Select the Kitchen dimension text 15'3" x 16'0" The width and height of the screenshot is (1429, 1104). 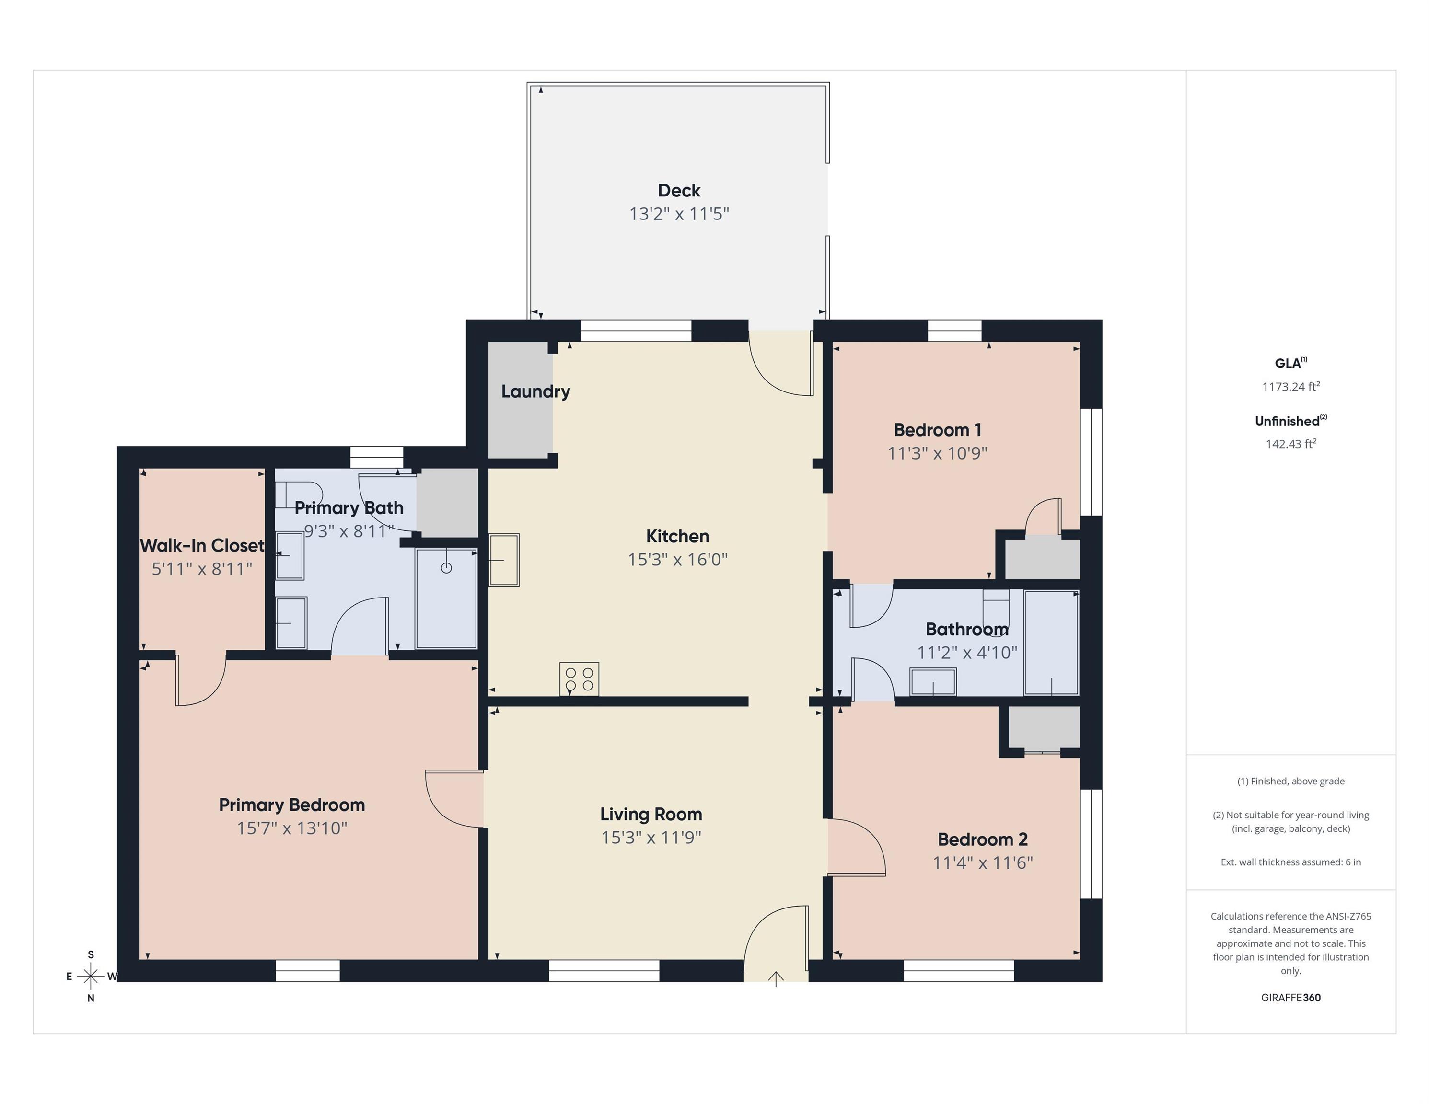coord(677,560)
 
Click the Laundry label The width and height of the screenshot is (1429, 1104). coord(535,392)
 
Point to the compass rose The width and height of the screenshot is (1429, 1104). coord(91,976)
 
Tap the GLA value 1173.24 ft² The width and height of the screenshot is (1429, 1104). coord(1290,387)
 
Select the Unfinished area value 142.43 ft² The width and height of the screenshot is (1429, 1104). coord(1290,444)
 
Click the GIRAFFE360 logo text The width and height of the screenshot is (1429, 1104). coord(1290,998)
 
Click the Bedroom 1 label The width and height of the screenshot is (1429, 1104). coord(937,430)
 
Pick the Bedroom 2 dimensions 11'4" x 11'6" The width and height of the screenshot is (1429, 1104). coord(982,862)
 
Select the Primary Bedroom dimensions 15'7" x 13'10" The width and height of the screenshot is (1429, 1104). coord(292,828)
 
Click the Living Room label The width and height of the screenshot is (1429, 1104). coord(651,814)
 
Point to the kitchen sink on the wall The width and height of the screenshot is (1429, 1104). coord(504,560)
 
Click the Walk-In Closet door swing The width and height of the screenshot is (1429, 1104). coord(199,681)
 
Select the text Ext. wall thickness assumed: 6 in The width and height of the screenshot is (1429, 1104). coord(1290,862)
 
